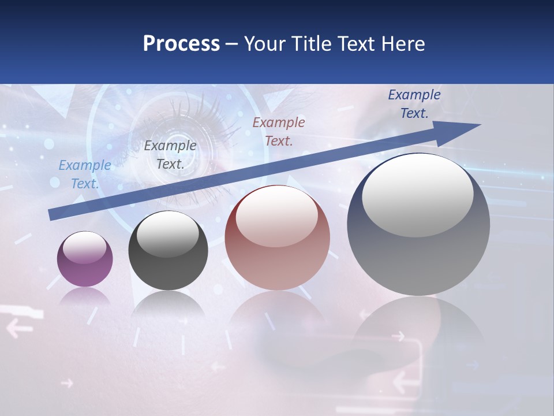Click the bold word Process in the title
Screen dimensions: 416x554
(x=181, y=44)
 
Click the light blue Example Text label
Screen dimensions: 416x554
(x=85, y=174)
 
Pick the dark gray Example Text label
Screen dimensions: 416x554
(x=170, y=155)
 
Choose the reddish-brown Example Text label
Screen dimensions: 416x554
(x=279, y=131)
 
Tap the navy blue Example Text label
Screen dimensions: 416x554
(x=414, y=104)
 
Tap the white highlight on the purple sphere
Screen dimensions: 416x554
(x=84, y=247)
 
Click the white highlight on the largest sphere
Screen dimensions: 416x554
(x=417, y=194)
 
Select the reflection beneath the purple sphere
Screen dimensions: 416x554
(x=85, y=297)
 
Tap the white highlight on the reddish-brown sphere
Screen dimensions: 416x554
(x=277, y=217)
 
